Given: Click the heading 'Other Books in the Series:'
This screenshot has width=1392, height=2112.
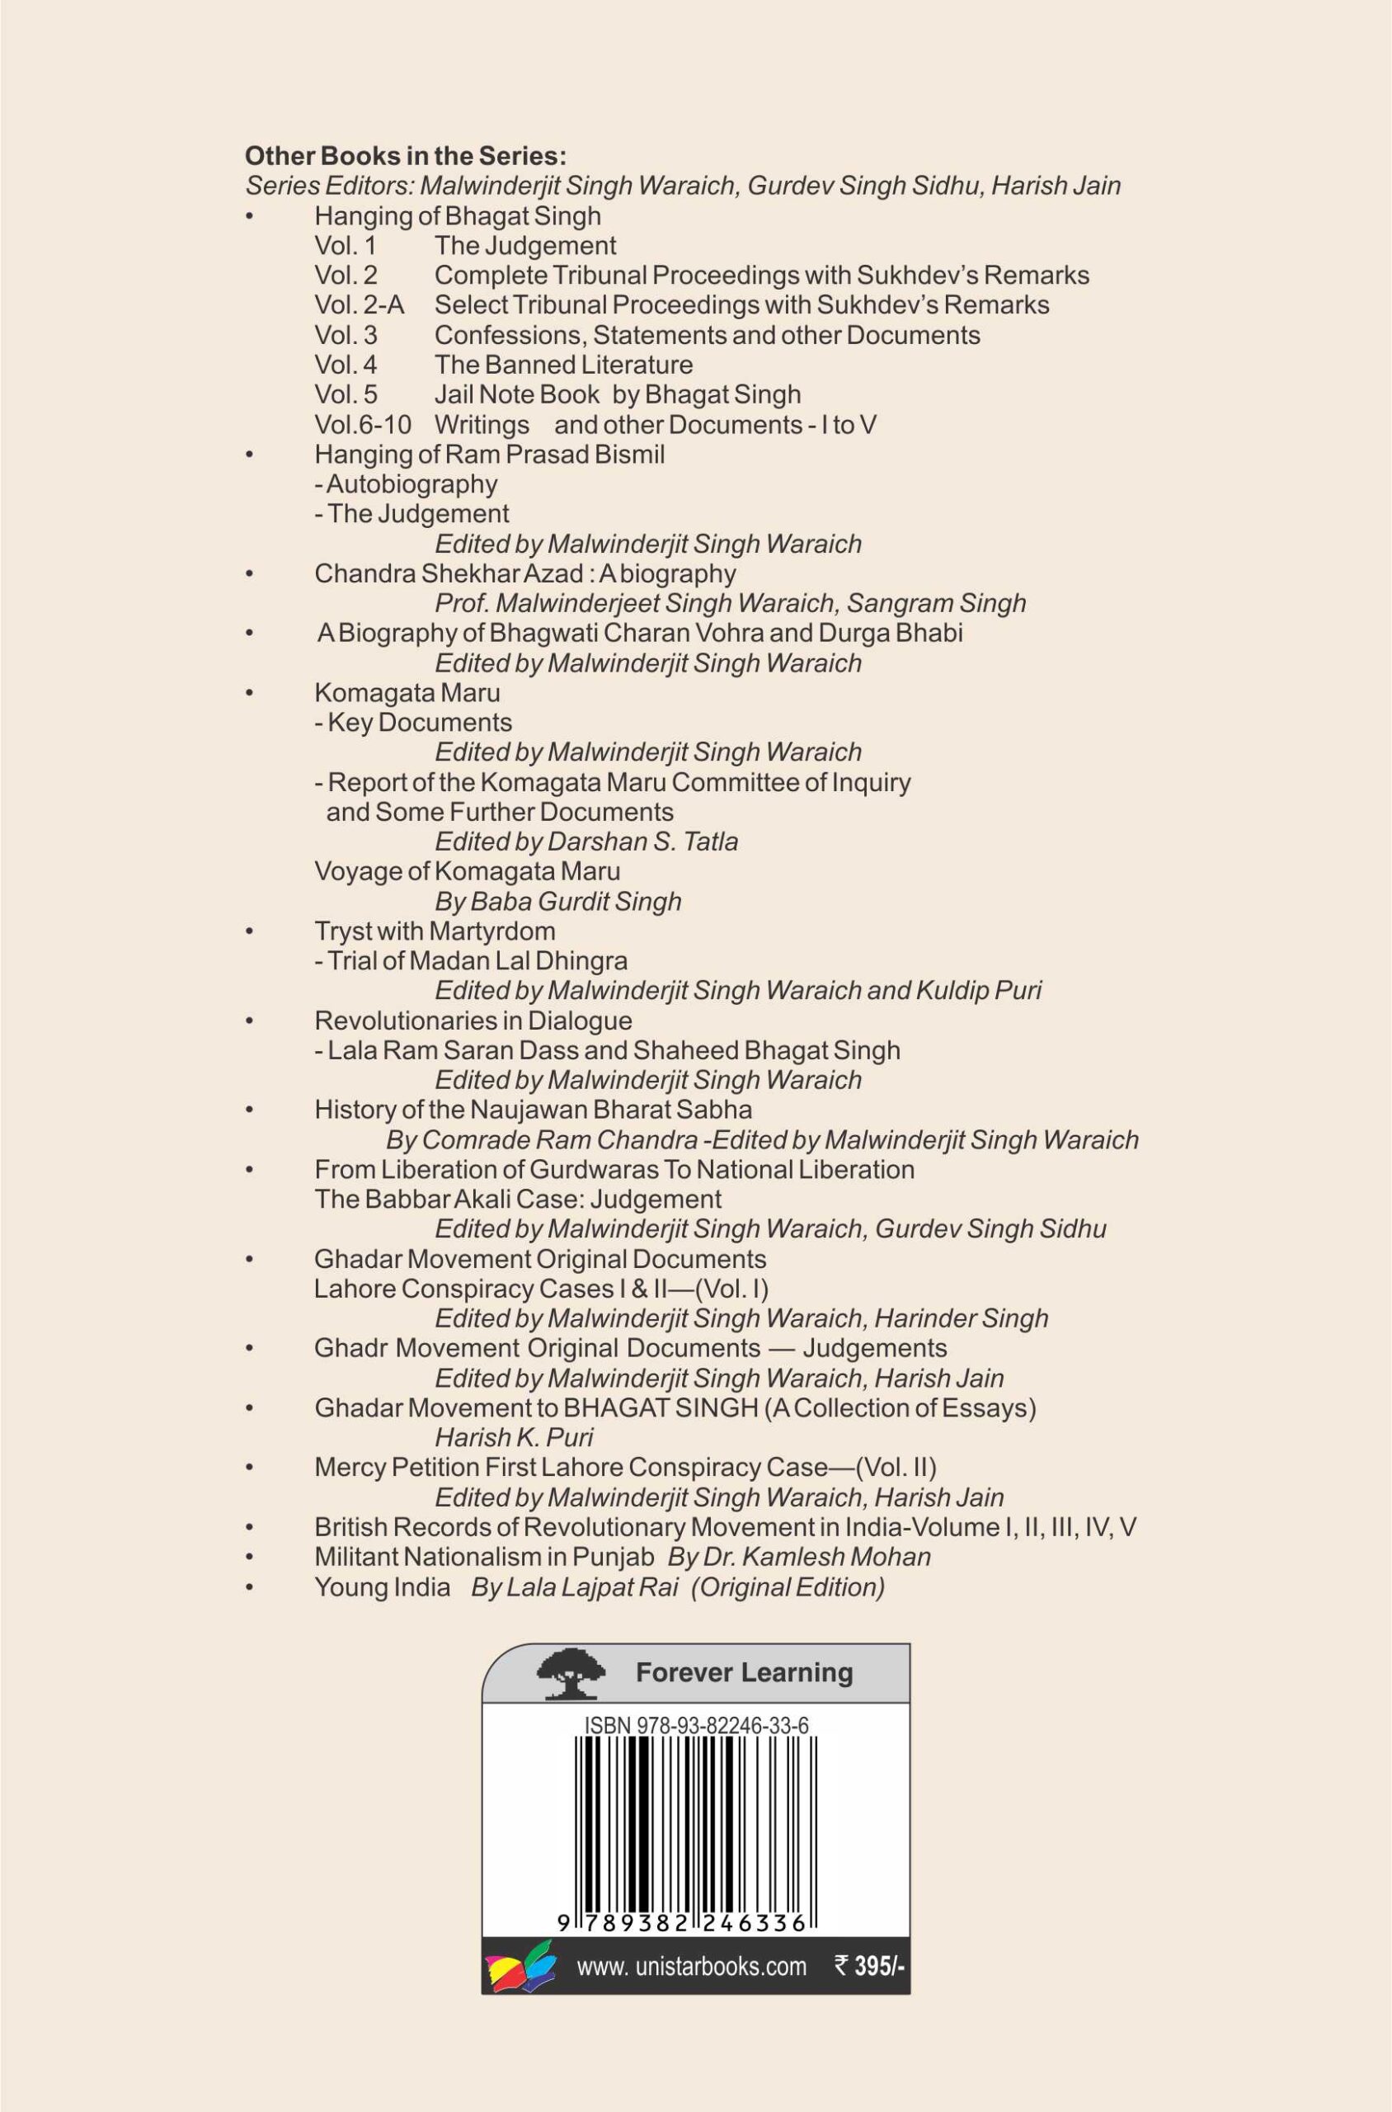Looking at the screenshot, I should tap(405, 156).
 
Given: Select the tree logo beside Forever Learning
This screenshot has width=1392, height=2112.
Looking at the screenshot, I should tap(571, 1673).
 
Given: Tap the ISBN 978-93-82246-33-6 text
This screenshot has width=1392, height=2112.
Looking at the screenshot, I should tap(696, 1725).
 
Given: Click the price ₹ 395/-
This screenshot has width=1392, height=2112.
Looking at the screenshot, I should tap(869, 1966).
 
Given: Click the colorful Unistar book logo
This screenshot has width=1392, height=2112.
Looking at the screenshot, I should tap(521, 1965).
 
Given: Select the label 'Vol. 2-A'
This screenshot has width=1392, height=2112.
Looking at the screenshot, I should tap(359, 304).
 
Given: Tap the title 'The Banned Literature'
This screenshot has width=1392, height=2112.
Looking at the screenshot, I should tap(563, 364).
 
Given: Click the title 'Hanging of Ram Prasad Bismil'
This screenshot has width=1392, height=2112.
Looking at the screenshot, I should tap(489, 454).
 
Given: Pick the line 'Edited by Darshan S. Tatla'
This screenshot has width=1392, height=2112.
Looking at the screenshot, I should tap(586, 841).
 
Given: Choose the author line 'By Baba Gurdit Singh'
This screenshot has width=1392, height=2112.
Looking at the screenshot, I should tap(557, 901).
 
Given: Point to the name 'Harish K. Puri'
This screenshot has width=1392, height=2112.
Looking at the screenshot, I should tap(513, 1437).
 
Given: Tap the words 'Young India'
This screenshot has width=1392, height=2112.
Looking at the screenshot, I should tap(382, 1586).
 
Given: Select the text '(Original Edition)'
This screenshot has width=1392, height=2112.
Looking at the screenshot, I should tap(788, 1586).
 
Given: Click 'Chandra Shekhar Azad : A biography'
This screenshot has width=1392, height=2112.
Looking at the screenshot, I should tap(524, 573).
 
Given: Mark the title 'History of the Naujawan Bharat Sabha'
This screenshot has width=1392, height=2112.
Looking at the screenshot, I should tap(533, 1110).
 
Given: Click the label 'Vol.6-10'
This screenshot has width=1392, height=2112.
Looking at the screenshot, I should tap(362, 425).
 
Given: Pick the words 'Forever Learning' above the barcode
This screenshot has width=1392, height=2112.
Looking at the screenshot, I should tap(744, 1672).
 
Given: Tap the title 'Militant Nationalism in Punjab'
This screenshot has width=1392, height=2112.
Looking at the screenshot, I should tap(484, 1556).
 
